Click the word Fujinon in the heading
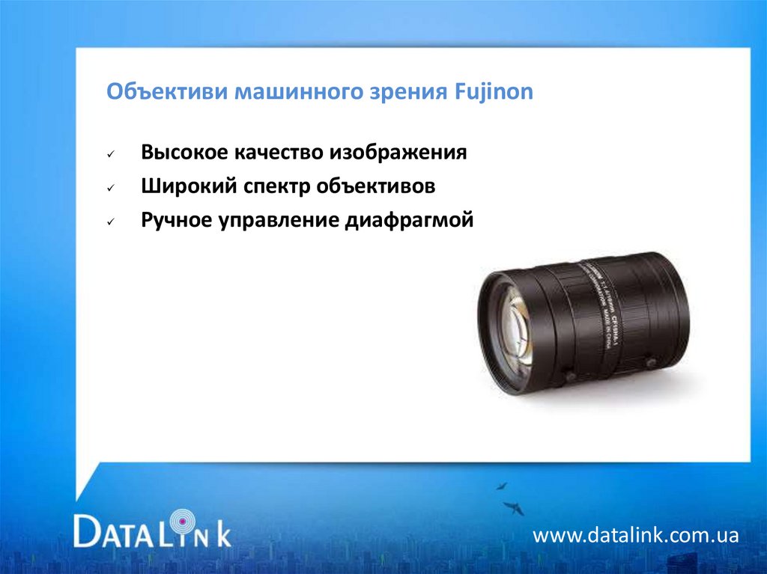(494, 93)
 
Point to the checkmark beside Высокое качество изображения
(110, 154)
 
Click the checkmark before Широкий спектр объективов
(110, 189)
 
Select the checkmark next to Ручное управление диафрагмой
(110, 223)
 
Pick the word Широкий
(187, 187)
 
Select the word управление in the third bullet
(279, 222)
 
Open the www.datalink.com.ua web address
(636, 536)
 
